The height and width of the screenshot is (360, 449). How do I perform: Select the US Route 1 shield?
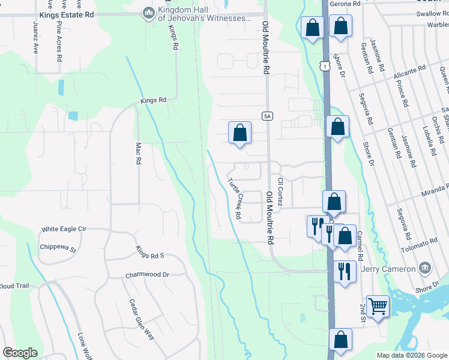coord(325,65)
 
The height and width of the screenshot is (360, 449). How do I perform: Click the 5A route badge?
coord(268,115)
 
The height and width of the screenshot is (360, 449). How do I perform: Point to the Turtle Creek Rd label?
coord(234,198)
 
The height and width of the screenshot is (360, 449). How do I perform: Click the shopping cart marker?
coord(378,306)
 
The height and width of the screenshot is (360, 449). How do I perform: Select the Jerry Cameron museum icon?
coord(426,267)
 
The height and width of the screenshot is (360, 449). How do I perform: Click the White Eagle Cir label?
coord(64,229)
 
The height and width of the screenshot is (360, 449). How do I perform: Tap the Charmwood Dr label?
coord(148,275)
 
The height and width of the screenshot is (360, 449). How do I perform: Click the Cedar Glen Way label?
coord(141,320)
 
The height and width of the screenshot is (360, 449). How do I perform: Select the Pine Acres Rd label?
coord(59,43)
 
